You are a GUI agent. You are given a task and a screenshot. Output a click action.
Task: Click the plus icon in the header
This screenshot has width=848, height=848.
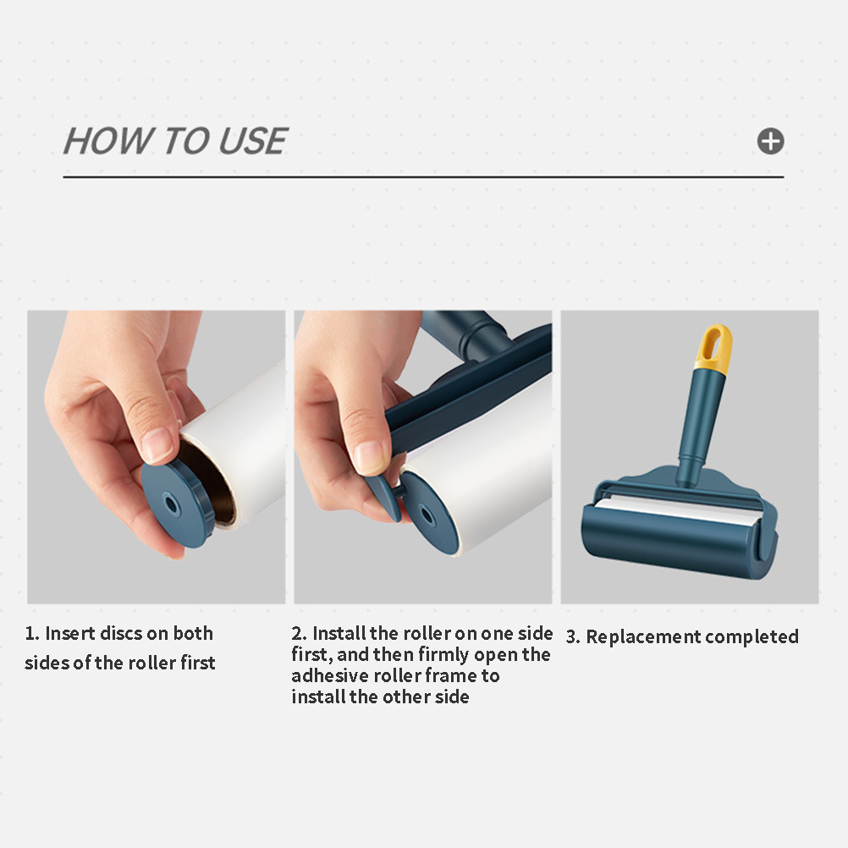coord(770,141)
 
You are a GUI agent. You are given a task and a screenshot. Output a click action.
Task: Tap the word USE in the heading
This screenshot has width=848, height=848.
coord(252,141)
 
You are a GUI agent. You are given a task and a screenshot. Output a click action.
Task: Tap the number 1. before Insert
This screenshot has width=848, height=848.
coord(32,633)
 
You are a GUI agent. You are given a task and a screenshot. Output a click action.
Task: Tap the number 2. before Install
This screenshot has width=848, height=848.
coord(299,633)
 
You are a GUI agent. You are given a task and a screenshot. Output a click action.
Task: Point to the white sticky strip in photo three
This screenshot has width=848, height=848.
coord(676,510)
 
